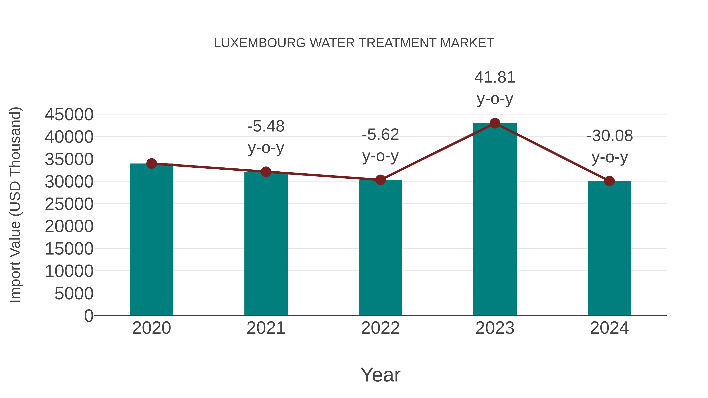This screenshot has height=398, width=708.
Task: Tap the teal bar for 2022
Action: tap(380, 247)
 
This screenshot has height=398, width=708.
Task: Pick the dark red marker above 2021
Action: tap(266, 172)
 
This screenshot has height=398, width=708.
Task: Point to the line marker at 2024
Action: tap(609, 181)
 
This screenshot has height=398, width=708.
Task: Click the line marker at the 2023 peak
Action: tap(495, 123)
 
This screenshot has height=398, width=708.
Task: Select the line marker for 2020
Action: tap(151, 164)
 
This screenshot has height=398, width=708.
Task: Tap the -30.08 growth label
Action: tap(610, 136)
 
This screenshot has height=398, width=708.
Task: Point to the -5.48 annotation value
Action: tap(266, 126)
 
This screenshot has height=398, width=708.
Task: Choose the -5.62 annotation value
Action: tap(380, 135)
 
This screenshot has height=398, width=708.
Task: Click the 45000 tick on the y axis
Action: tap(69, 115)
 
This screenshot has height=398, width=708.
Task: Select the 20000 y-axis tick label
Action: tap(69, 227)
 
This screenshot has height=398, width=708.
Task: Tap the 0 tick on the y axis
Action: tap(88, 316)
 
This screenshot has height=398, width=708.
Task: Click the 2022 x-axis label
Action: tap(380, 328)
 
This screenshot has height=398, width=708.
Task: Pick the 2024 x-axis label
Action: tap(609, 328)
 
